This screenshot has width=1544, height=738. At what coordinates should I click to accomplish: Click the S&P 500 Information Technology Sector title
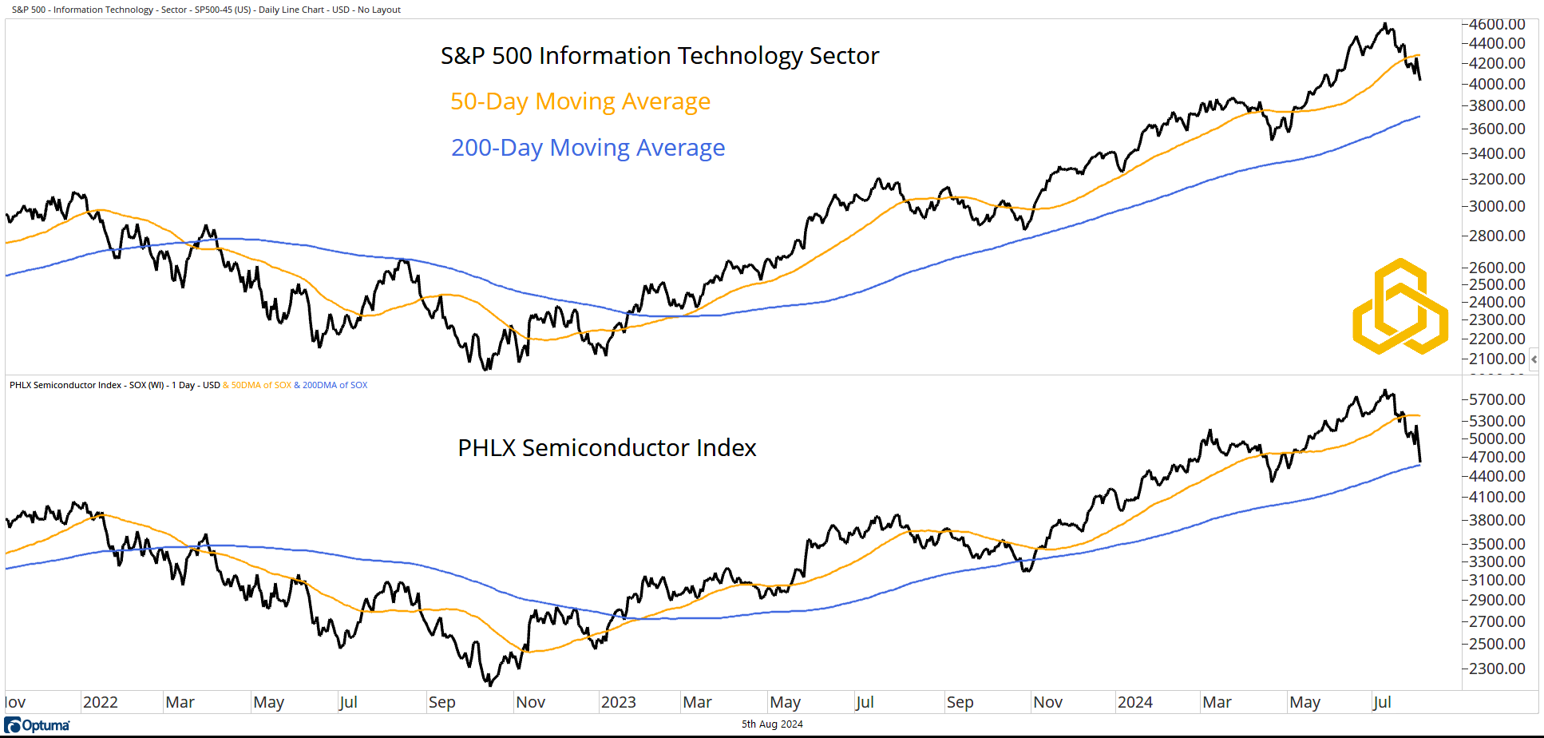point(659,56)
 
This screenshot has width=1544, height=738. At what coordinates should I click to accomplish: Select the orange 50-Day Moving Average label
point(580,101)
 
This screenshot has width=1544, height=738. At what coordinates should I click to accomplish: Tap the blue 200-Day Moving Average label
point(588,148)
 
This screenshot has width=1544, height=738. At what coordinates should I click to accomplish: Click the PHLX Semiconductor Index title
point(607,448)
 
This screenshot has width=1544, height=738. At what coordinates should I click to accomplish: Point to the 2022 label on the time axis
point(101,702)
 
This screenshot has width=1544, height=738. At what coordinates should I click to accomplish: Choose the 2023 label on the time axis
point(619,702)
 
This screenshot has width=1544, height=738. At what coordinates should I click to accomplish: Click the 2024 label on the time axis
point(1134,702)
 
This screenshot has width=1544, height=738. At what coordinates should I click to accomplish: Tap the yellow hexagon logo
point(1400,307)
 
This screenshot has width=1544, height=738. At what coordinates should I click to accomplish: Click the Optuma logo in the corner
point(37,725)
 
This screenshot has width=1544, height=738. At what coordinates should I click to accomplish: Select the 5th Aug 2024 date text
point(772,724)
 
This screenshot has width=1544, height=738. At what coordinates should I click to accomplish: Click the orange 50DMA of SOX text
point(261,385)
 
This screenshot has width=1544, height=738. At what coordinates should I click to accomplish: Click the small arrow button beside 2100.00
point(1534,359)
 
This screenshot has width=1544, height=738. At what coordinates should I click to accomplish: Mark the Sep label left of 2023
point(441,702)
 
